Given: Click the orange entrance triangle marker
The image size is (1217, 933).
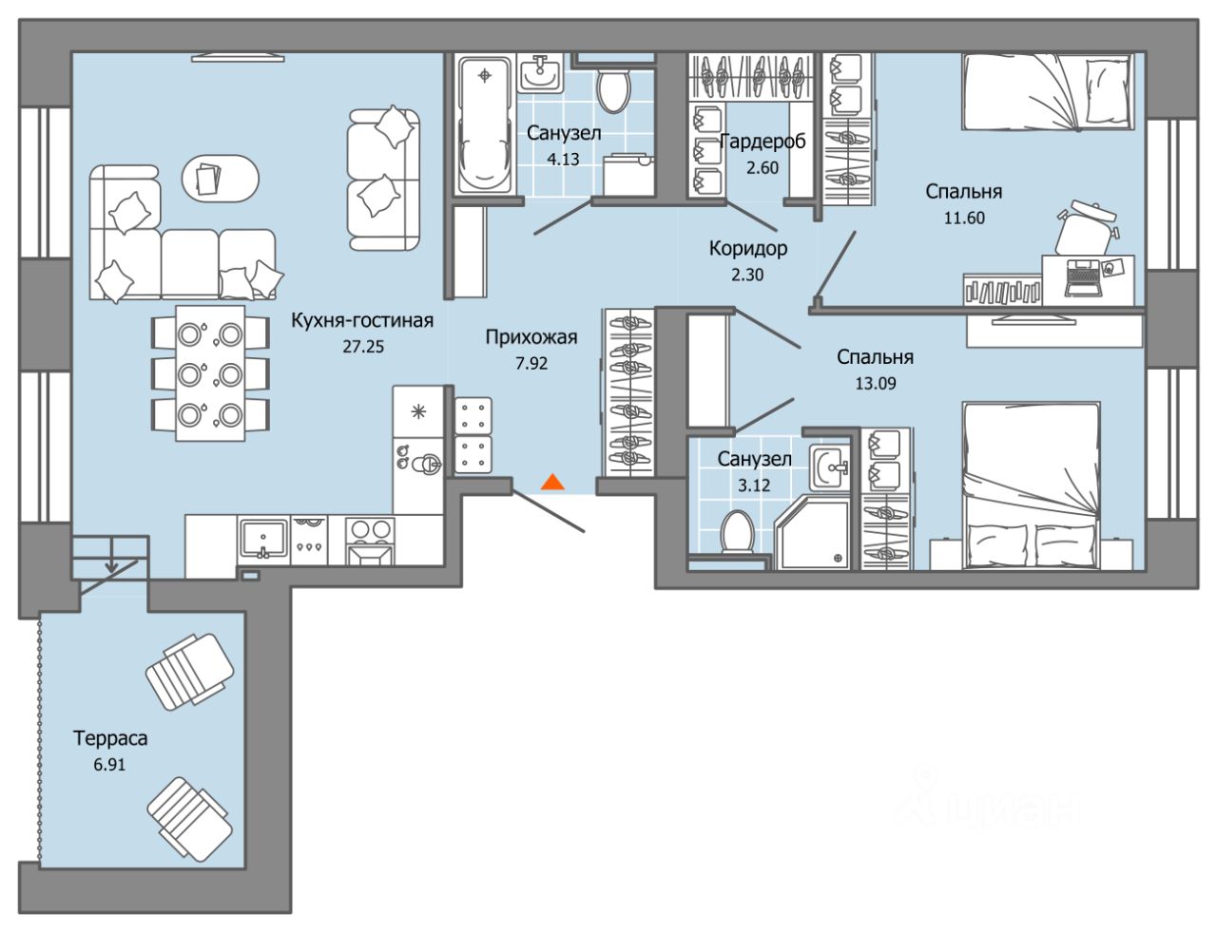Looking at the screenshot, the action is (x=552, y=483).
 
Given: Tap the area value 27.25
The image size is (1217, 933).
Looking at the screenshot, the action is (x=363, y=347).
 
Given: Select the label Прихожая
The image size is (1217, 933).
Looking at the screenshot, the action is (x=531, y=337).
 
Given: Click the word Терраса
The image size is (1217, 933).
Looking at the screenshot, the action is (x=110, y=739).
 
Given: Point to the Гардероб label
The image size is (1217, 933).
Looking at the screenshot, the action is (x=763, y=142).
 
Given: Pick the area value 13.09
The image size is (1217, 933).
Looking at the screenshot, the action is (x=876, y=384).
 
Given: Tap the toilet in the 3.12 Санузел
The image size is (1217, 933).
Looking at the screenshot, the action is (x=738, y=532).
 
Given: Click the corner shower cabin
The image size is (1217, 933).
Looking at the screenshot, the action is (x=813, y=531).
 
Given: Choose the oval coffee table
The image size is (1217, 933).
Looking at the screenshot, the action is (x=220, y=178).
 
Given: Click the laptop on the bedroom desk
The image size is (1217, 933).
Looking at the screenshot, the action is (x=1083, y=277).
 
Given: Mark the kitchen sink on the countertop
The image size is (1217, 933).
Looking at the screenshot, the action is (x=263, y=540).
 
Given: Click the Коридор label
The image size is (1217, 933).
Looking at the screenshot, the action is (x=747, y=248).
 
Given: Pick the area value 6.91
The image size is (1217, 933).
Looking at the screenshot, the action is (x=109, y=765).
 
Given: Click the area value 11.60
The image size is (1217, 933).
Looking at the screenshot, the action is (x=964, y=218).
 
